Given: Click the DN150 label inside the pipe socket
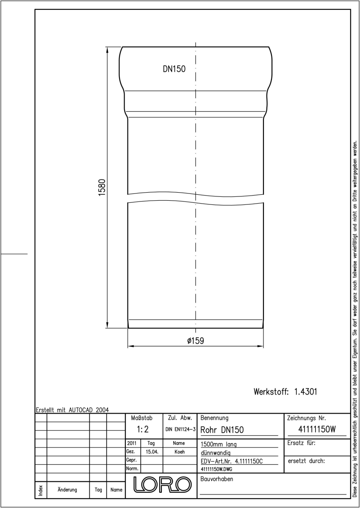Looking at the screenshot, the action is pyautogui.click(x=174, y=69).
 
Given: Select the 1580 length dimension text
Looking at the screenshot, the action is pyautogui.click(x=102, y=187).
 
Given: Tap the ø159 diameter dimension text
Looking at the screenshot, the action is pyautogui.click(x=196, y=340).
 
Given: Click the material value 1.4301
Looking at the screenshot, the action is pyautogui.click(x=305, y=392).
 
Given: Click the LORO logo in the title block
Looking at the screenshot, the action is pyautogui.click(x=162, y=484).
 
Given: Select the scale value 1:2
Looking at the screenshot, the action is pyautogui.click(x=143, y=429).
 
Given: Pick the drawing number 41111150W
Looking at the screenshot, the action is pyautogui.click(x=317, y=429).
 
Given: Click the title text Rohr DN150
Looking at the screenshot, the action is pyautogui.click(x=222, y=430).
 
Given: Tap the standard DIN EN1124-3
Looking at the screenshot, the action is pyautogui.click(x=180, y=429).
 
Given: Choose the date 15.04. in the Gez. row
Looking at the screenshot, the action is pyautogui.click(x=152, y=452).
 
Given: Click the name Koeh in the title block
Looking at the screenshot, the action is pyautogui.click(x=180, y=452).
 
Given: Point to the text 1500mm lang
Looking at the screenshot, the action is pyautogui.click(x=219, y=444).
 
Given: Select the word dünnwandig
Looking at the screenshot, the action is pyautogui.click(x=216, y=453).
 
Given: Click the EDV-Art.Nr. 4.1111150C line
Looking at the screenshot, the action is pyautogui.click(x=232, y=461).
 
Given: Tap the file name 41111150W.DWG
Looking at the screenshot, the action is pyautogui.click(x=216, y=469).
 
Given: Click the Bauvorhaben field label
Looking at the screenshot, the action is pyautogui.click(x=217, y=479).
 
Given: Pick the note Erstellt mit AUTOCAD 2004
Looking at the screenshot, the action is pyautogui.click(x=72, y=410).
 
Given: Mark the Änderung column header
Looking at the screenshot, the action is pyautogui.click(x=67, y=490).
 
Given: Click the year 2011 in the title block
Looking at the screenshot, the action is pyautogui.click(x=132, y=443).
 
